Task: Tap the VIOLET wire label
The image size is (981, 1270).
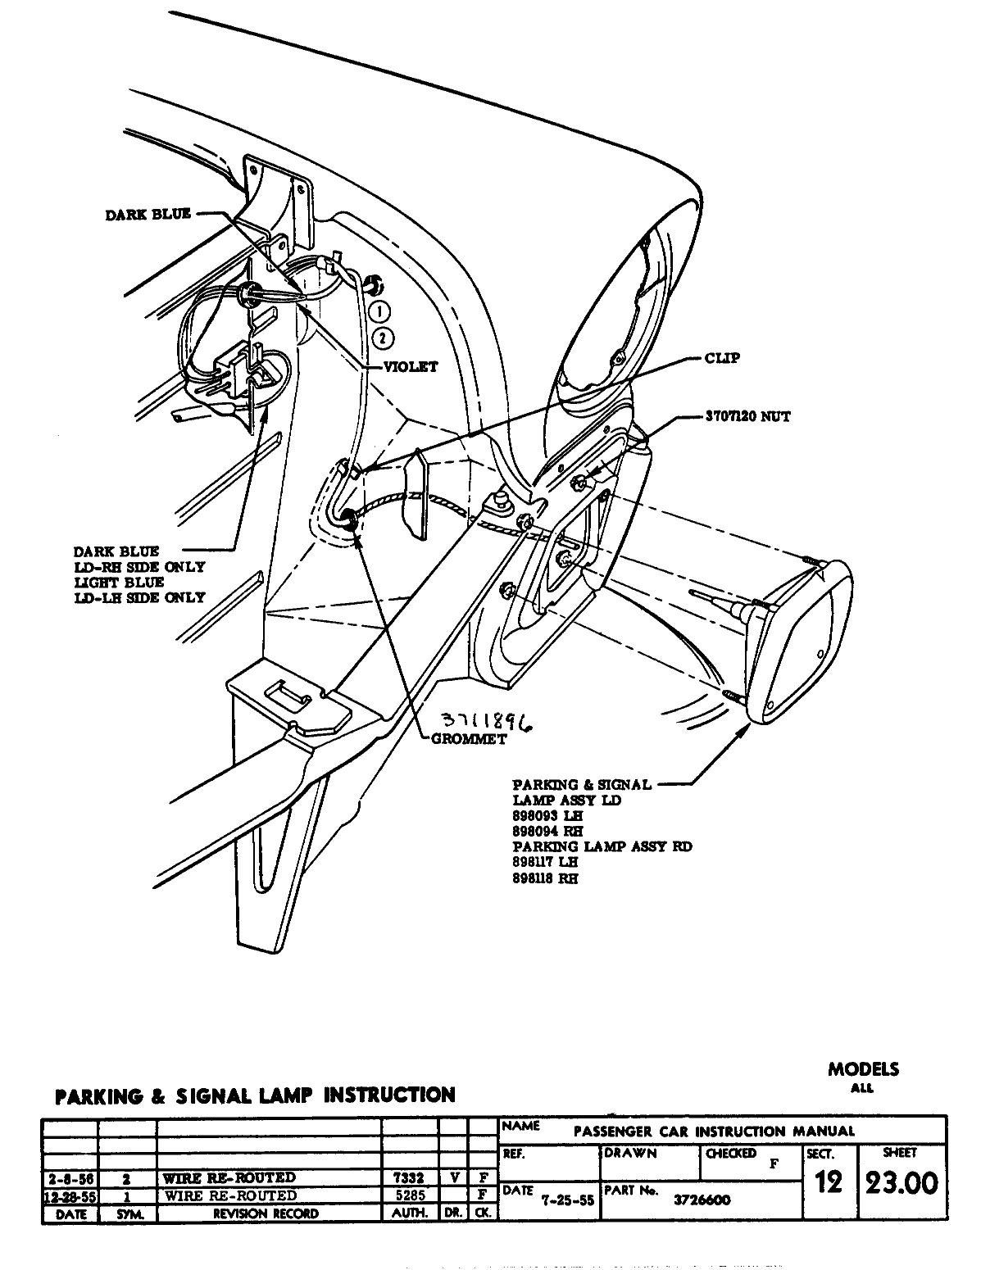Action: tap(411, 367)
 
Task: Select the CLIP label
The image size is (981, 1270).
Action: tap(722, 359)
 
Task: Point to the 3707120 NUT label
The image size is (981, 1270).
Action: tap(747, 416)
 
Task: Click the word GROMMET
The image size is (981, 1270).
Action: tap(468, 738)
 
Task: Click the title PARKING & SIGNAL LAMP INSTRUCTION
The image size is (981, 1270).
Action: tap(254, 1095)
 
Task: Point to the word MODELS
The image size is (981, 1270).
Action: tap(863, 1068)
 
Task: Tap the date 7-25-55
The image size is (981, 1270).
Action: tap(568, 1200)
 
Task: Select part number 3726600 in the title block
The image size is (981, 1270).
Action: tap(703, 1200)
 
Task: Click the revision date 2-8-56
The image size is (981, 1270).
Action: tap(70, 1178)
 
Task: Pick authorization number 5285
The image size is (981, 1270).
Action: tap(409, 1195)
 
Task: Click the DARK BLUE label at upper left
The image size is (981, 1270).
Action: tap(148, 215)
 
